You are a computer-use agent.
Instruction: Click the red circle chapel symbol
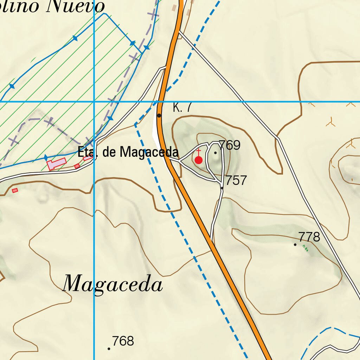coord(199,160)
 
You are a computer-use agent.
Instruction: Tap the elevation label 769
coord(230,145)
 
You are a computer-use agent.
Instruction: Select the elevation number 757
coord(236,180)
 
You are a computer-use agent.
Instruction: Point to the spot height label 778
coord(309,237)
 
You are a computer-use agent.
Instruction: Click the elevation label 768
coord(123,341)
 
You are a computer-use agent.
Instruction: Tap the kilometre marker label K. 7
coord(182,108)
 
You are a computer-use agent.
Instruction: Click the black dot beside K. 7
coord(159,115)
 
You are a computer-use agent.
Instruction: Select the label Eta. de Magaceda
coord(128,153)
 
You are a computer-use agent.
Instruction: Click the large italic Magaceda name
coord(113,284)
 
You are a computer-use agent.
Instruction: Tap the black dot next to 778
coord(295,244)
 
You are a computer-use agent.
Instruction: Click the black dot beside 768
coord(109,349)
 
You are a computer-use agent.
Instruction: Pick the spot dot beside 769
coord(216,153)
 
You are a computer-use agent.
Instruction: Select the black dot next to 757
coord(222,188)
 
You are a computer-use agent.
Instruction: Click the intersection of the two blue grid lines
coord(94,102)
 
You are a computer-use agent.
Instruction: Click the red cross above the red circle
coord(199,152)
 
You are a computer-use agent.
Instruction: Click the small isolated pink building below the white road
coord(15,191)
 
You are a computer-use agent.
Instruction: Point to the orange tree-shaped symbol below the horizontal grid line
coord(330,122)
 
